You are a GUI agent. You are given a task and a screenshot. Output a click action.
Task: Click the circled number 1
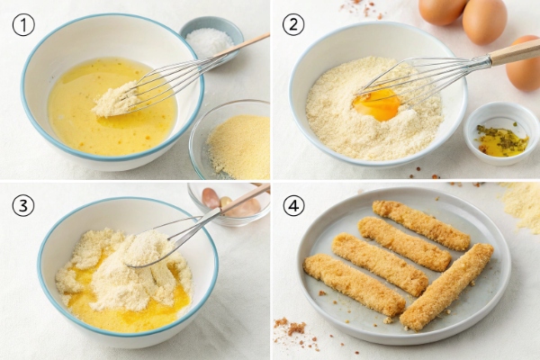coord(23,25)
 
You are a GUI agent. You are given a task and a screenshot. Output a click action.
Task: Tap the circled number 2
coord(293,24)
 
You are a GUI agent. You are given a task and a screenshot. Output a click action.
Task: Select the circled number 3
coord(23,205)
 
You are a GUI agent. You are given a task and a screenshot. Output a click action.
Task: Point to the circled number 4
coord(293,205)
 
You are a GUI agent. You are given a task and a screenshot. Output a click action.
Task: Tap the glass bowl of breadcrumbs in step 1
coord(230,139)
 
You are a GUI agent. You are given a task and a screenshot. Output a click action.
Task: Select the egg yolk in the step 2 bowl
coord(377,104)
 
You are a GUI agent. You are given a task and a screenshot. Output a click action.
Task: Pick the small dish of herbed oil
coord(501,133)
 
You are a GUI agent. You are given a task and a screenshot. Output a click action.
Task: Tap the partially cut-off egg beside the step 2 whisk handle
coord(524,63)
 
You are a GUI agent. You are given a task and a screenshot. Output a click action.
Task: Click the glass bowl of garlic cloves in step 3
coord(229,204)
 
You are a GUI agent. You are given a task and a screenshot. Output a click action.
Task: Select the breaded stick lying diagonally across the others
coord(446,286)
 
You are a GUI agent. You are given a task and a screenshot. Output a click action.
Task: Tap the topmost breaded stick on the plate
coord(421,225)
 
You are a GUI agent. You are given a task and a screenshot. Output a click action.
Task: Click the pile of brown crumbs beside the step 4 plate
coord(291,326)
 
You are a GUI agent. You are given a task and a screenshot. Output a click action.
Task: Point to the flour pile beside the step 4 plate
coord(522,206)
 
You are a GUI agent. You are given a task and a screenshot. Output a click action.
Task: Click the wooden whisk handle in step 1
coord(242,46)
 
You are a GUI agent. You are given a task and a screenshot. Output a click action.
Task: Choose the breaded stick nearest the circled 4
coord(354,284)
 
